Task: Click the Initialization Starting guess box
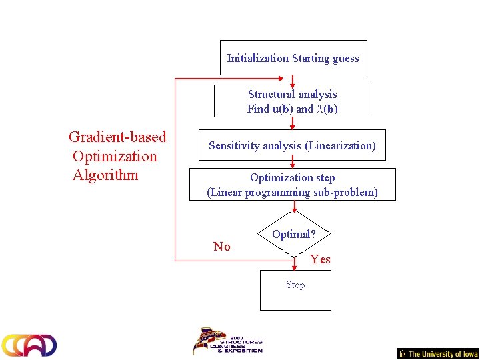293,58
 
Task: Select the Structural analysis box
292,101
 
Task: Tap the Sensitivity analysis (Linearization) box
292,145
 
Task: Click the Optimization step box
292,185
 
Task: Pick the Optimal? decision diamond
293,235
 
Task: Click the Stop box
295,290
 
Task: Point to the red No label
222,247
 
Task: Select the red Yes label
320,259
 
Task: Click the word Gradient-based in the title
117,137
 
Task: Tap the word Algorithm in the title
105,175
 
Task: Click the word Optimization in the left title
115,157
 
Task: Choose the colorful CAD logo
29,345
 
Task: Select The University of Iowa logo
438,354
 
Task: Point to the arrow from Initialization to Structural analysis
293,80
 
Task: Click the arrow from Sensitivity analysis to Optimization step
293,164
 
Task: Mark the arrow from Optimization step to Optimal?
293,207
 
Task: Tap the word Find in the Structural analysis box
257,109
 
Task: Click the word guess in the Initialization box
345,58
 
